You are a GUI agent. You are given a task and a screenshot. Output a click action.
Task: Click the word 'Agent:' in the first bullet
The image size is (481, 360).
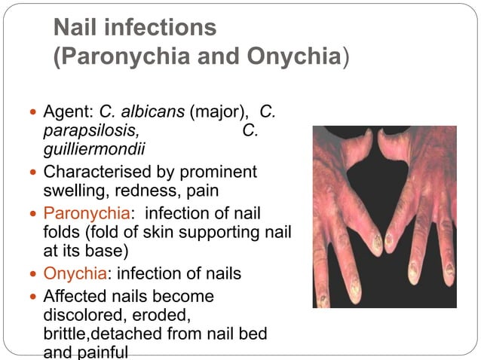tap(67, 114)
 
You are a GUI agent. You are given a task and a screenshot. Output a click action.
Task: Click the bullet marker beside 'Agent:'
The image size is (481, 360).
tap(30, 114)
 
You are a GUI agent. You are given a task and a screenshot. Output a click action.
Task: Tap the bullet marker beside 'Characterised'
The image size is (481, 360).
tap(30, 172)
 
